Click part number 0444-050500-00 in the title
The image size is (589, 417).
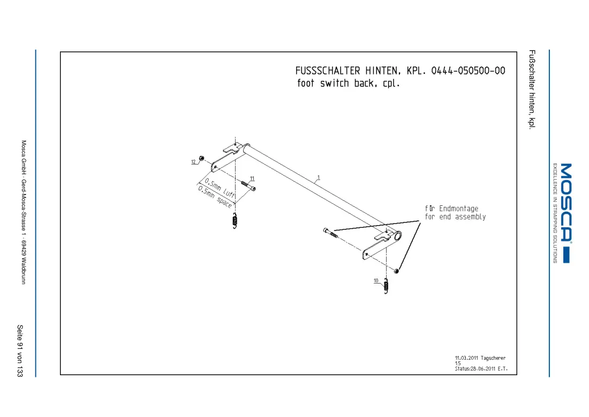tap(468, 71)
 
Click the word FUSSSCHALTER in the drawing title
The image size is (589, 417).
tap(328, 71)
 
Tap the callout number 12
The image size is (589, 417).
tap(193, 162)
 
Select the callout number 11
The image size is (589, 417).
tap(252, 178)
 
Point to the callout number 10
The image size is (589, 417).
tap(376, 280)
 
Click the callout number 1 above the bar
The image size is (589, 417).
tap(319, 177)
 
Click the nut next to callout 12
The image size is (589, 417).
tap(201, 158)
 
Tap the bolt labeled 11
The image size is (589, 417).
tap(248, 185)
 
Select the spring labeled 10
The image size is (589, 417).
tap(386, 286)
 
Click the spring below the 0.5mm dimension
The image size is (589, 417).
tap(235, 221)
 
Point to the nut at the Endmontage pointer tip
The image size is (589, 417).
tap(396, 271)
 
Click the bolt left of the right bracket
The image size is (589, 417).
tap(330, 233)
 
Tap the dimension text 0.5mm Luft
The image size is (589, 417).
tap(220, 188)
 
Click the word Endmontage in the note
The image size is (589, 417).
tap(459, 208)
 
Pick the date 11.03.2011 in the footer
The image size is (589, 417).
tap(466, 358)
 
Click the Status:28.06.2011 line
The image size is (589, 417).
tap(481, 369)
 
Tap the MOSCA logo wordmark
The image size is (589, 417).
tap(566, 202)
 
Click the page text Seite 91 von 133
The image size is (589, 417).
tap(20, 351)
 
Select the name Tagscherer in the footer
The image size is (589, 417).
tap(493, 358)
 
